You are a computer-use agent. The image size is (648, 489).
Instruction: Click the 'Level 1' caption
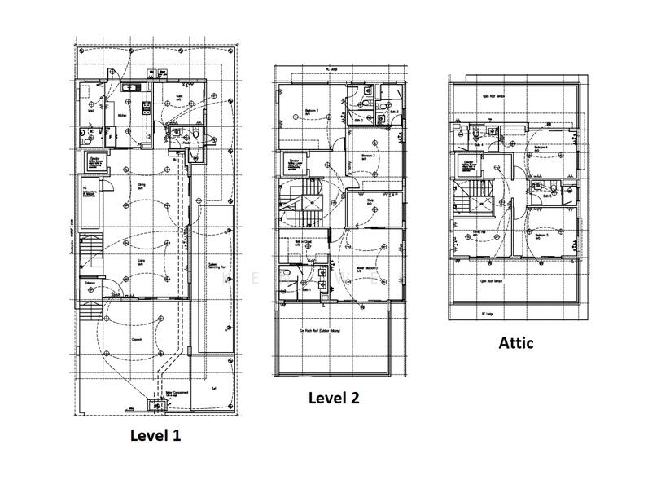pos(155,435)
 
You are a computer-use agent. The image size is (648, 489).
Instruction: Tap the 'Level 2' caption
pos(333,398)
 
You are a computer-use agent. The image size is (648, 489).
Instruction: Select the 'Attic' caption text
pos(515,343)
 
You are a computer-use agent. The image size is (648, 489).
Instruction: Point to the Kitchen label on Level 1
pos(122,117)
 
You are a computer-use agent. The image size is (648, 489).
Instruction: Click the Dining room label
pos(141,185)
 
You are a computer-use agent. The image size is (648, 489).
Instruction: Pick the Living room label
pos(141,262)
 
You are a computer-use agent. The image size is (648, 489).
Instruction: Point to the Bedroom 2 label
pos(311,111)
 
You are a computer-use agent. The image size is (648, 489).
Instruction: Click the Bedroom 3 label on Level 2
pos(367,155)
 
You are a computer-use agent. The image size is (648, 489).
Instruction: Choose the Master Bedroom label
pos(368,268)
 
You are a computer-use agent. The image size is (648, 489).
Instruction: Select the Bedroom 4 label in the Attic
pos(541,148)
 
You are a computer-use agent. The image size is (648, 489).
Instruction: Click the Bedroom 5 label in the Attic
pos(541,236)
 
